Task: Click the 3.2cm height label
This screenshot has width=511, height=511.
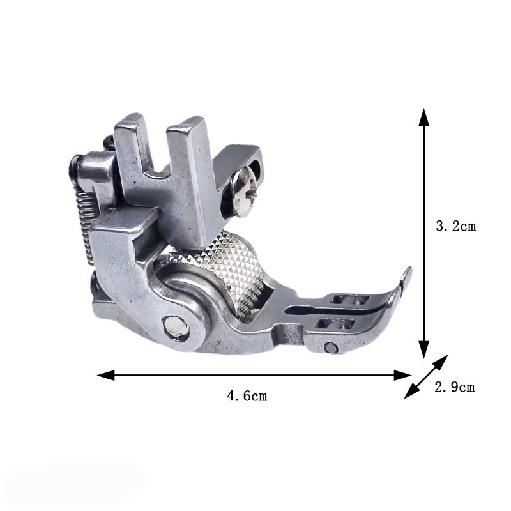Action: coord(455,225)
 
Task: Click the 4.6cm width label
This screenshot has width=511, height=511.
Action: coord(247,396)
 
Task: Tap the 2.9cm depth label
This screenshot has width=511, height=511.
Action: coord(454,386)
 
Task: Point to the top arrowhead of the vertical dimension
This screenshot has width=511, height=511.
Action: coord(423,115)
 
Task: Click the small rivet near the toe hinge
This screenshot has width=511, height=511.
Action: coord(331,347)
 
